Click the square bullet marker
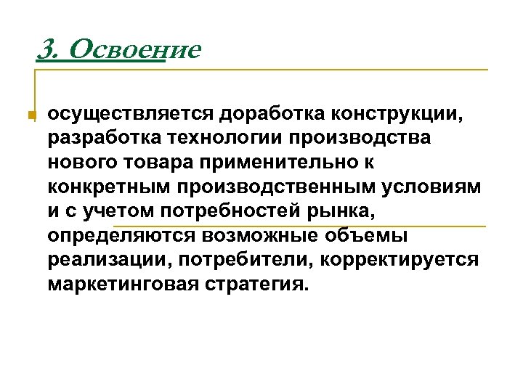pyautogui.click(x=31, y=115)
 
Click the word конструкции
pyautogui.click(x=396, y=113)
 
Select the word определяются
pyautogui.click(x=120, y=236)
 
